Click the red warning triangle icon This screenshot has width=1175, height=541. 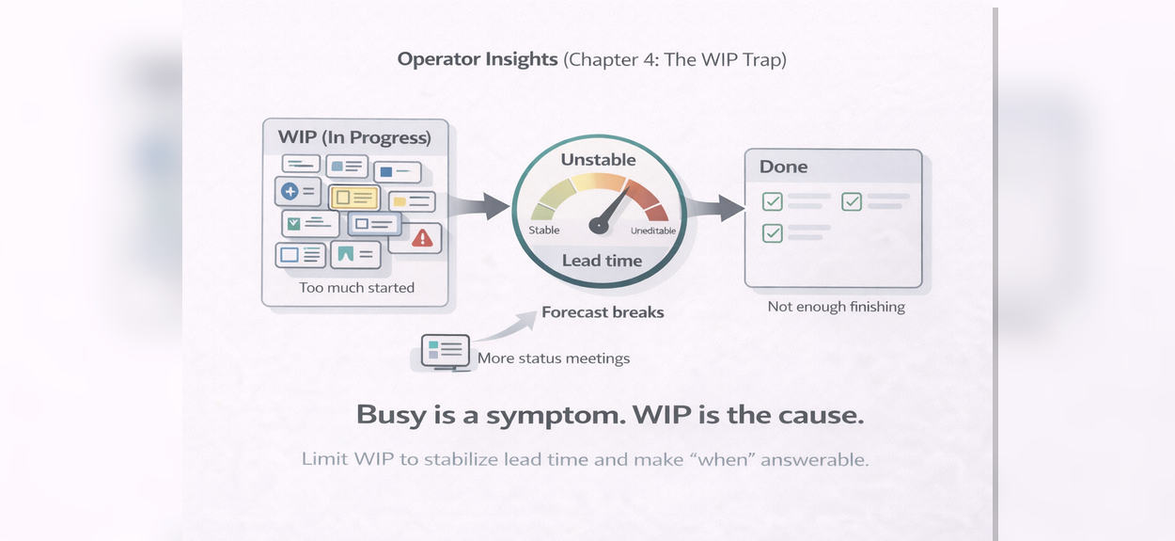[x=422, y=238]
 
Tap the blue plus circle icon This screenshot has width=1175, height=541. [x=290, y=191]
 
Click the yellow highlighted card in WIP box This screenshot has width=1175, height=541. [x=354, y=198]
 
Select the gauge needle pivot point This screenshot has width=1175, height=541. [x=599, y=225]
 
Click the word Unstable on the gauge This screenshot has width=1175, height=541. [x=598, y=160]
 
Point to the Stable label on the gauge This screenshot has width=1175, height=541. [x=544, y=231]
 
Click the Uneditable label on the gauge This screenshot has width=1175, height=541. [x=653, y=231]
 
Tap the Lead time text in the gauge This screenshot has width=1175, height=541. [x=603, y=261]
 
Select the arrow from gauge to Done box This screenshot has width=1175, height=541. [x=716, y=208]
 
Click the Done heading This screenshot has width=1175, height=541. [x=784, y=167]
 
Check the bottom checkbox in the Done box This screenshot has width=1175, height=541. [x=772, y=233]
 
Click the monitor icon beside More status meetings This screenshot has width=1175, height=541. [x=446, y=353]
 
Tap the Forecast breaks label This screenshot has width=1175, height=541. [x=603, y=312]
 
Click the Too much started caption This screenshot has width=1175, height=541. [x=356, y=288]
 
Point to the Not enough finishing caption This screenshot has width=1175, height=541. [x=837, y=307]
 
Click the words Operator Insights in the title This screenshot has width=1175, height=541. [x=478, y=59]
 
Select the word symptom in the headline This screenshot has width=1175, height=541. [x=556, y=416]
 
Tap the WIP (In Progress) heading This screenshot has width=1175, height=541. [x=354, y=137]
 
